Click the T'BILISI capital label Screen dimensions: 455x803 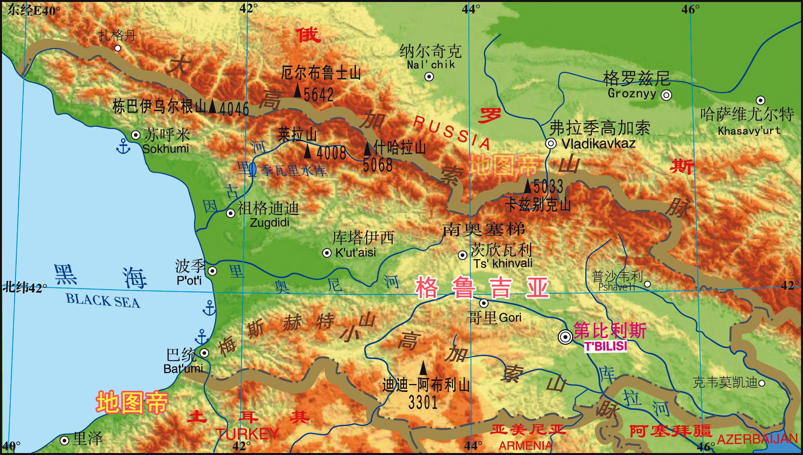[x=605, y=346]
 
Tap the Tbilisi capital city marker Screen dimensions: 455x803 [x=565, y=337]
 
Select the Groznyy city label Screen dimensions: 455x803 [x=632, y=94]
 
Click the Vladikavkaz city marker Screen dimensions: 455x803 [x=551, y=144]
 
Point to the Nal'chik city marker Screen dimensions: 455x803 [x=429, y=77]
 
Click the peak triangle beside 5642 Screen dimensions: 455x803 [x=298, y=90]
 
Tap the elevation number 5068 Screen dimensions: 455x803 [x=377, y=165]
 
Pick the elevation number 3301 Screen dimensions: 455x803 [x=423, y=403]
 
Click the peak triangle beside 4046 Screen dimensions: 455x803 [x=213, y=106]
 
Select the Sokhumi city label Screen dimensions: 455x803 [x=165, y=149]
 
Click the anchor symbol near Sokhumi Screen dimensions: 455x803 [x=123, y=147]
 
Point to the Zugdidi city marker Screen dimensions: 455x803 [x=231, y=213]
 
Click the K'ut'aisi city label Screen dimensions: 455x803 [x=355, y=252]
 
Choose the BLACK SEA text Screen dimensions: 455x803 [x=103, y=300]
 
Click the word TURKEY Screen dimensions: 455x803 [x=247, y=434]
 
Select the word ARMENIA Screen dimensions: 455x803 [x=525, y=445]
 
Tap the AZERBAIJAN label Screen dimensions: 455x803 [x=757, y=439]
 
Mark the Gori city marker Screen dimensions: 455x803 [x=484, y=303]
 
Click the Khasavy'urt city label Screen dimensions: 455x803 [x=749, y=131]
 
